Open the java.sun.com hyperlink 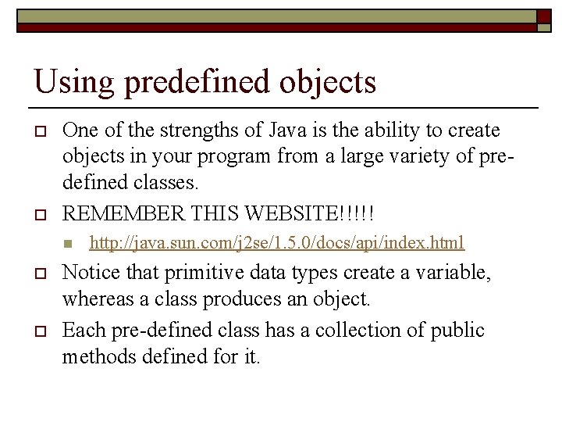click(x=277, y=243)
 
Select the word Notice click(x=87, y=274)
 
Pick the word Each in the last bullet click(x=79, y=330)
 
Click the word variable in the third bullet click(x=476, y=274)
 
